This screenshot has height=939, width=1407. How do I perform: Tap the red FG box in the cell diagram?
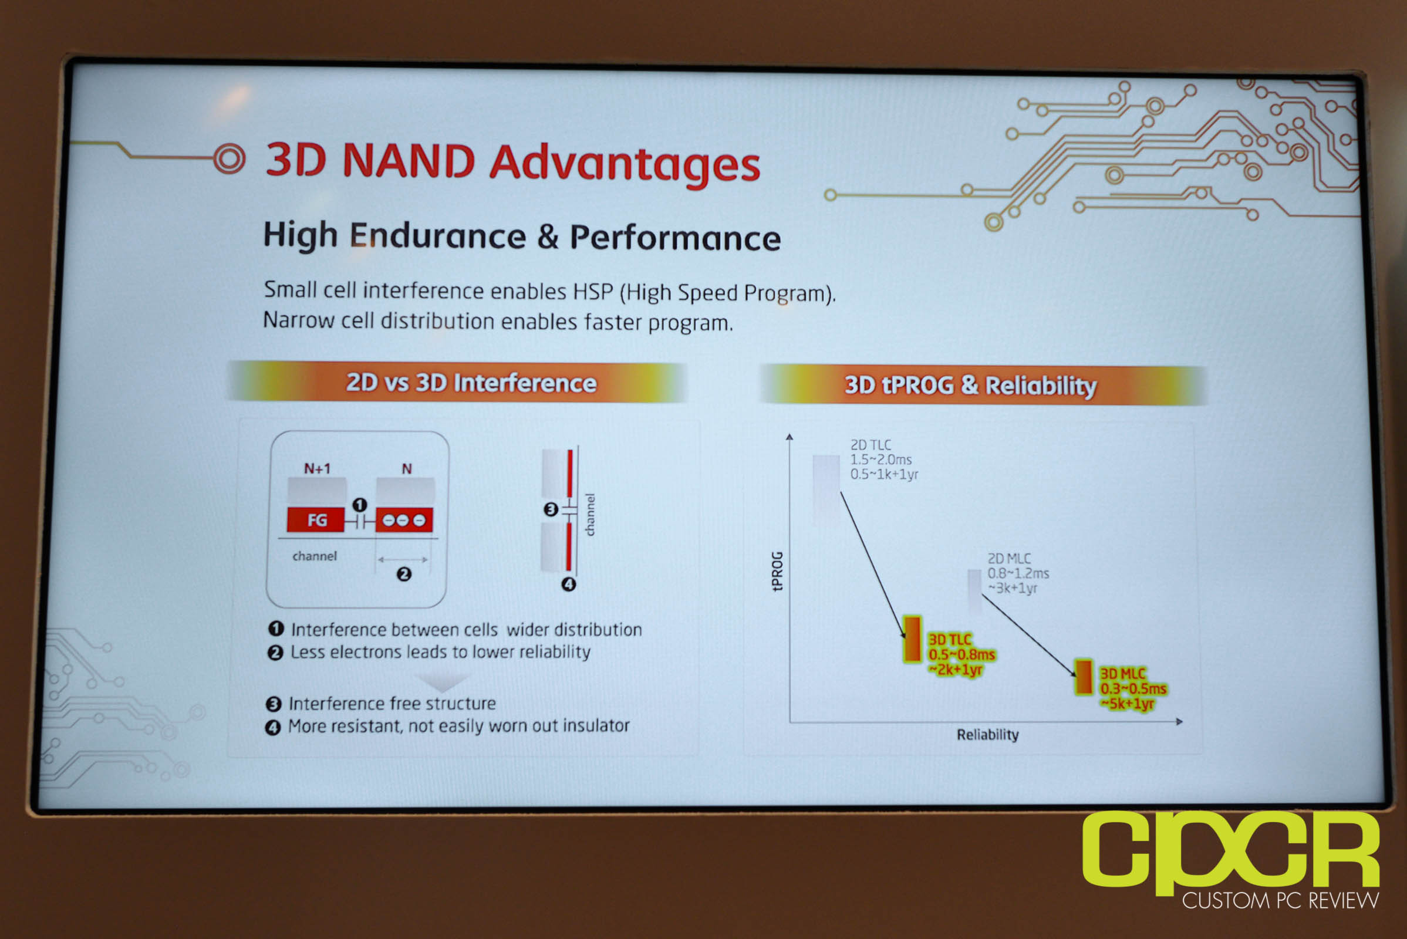(x=316, y=520)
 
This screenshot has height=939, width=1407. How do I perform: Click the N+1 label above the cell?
(x=317, y=468)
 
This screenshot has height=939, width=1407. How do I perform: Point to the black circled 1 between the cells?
(x=359, y=505)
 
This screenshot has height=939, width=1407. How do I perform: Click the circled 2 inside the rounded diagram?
(x=404, y=575)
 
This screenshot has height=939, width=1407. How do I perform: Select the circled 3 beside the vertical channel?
(x=551, y=509)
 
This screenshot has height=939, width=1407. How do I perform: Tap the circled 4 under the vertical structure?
(x=568, y=585)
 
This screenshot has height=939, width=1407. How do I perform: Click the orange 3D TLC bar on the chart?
(x=912, y=639)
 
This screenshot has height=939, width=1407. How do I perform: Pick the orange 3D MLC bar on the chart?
(x=1084, y=677)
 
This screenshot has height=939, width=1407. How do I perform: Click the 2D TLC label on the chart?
(x=871, y=445)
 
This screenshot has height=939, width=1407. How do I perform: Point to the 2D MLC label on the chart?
(x=1009, y=559)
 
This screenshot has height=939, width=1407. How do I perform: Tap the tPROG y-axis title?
(x=778, y=571)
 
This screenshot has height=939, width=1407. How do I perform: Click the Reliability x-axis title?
(x=988, y=735)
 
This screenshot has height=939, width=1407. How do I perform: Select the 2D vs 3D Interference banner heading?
(x=471, y=383)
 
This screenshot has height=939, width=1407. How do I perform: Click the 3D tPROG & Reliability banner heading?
(x=970, y=385)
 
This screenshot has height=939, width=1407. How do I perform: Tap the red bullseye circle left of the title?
(x=230, y=158)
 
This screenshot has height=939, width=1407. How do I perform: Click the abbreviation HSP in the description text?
(x=593, y=292)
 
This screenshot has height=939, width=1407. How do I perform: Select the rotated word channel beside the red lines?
(x=590, y=515)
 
